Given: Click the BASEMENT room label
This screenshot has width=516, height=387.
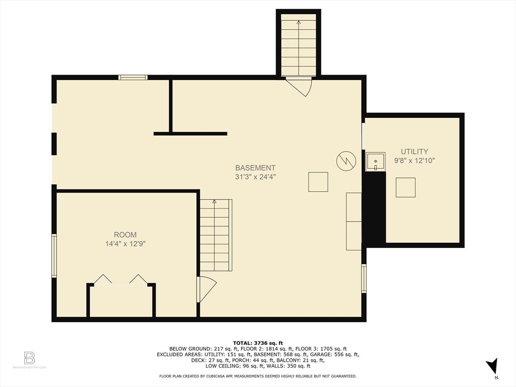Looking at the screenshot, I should [255, 168].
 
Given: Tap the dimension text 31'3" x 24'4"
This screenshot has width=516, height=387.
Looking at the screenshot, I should [255, 177].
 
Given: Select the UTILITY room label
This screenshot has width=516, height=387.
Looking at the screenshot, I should [414, 151].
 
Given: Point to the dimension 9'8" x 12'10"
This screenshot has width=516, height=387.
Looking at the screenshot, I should [414, 161].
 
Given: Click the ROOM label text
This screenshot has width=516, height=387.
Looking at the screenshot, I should [125, 235].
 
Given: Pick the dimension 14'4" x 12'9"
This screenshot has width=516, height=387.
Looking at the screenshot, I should [125, 244].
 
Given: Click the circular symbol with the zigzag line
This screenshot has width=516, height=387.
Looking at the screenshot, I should [346, 160].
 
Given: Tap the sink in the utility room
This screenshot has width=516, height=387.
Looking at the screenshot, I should [375, 162].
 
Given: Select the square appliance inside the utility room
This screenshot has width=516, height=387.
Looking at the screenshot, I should [405, 187].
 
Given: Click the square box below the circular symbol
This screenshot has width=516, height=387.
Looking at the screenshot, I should [318, 182].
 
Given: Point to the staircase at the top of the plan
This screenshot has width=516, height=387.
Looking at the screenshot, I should [298, 45].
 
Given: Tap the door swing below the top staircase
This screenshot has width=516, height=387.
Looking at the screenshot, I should [300, 86].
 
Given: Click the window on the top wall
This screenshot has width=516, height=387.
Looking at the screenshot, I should [133, 77].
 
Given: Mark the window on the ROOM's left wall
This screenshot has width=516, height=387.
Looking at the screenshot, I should [54, 255].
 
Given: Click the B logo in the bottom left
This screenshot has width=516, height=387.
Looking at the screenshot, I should [29, 358].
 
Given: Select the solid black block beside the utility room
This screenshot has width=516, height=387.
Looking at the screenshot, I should [374, 209].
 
